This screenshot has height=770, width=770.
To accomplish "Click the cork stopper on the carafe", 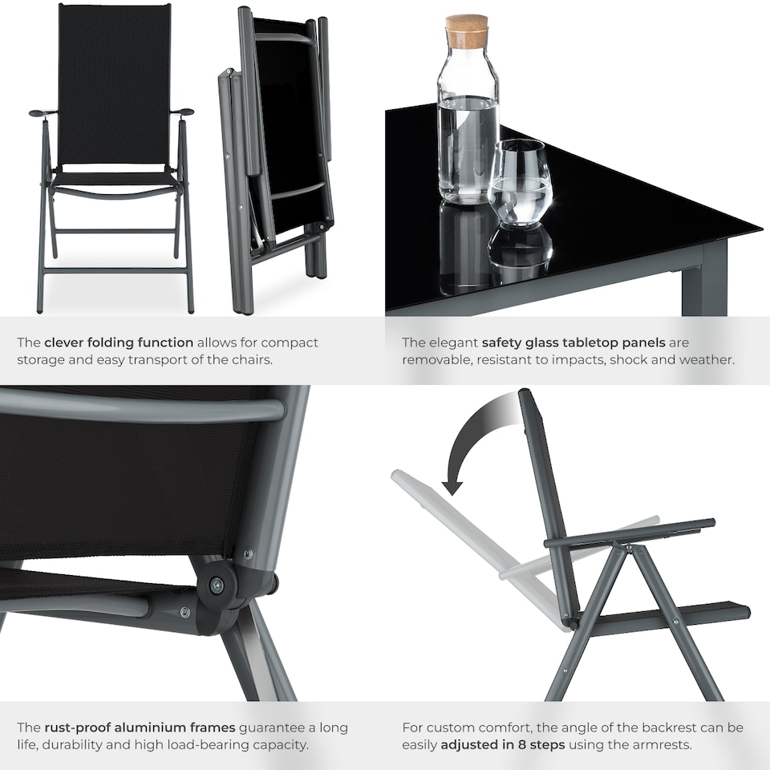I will pos(468,32).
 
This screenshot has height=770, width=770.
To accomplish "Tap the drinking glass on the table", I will pos(520,182).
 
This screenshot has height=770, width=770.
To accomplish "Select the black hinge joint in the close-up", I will pos(217,584).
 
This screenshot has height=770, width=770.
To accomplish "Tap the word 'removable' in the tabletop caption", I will pos(436,360).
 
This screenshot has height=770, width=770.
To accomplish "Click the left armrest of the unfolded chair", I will pos(42,113).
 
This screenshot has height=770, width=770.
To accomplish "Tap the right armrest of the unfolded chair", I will pos(182,112).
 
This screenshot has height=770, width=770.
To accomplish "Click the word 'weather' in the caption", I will pos(707,360).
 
